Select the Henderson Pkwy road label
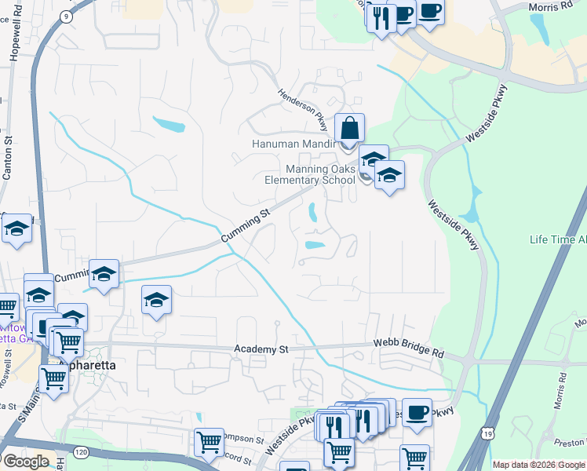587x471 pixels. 303,110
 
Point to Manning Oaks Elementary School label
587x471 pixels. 309,174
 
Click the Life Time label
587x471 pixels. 557,239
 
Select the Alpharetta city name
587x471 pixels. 88,366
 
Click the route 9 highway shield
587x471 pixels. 68,16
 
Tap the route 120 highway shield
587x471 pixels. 82,452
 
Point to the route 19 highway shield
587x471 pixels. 489,433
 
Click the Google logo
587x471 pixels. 25,462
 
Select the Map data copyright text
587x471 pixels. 538,465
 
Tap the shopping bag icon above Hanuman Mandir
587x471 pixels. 349,128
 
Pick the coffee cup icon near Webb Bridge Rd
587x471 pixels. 417,411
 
